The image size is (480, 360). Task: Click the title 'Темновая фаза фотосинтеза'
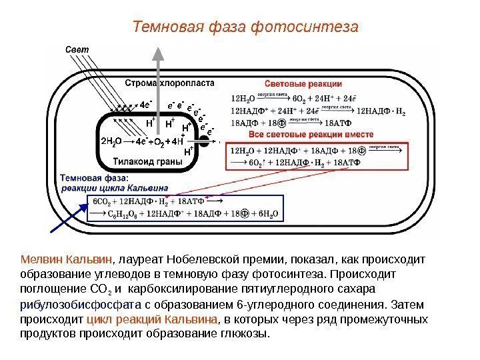pos(245,27)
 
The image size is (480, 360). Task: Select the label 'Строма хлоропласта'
pos(169,83)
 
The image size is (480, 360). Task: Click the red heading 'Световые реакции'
pos(304,84)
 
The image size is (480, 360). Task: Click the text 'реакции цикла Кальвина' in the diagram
pos(114,188)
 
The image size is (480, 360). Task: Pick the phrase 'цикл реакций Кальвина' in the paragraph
pos(153,319)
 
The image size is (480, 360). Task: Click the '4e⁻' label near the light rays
pos(147,104)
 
